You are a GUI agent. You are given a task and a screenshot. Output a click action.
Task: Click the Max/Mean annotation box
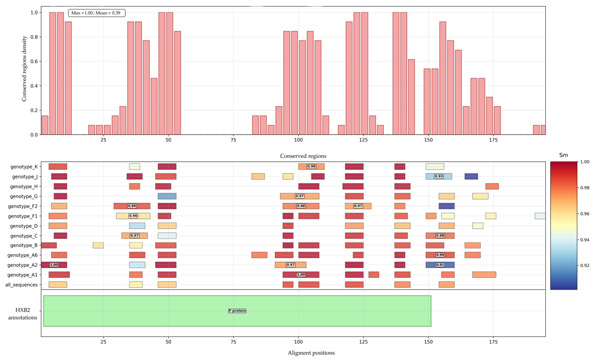(x=96, y=13)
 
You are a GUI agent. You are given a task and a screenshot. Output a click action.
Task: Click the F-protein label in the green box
(x=237, y=311)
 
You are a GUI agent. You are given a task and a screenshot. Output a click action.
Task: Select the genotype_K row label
(x=24, y=167)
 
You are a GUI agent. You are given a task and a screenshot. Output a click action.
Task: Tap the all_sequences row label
(x=21, y=285)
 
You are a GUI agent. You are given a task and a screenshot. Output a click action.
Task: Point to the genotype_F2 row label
(x=23, y=206)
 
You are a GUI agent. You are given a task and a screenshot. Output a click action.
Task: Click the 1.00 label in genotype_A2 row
(x=54, y=265)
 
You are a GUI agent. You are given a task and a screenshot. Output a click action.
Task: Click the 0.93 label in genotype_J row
(x=438, y=176)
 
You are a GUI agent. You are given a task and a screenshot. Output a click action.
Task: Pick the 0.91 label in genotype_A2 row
(x=440, y=265)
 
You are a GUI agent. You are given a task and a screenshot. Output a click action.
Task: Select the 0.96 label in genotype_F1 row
(x=133, y=216)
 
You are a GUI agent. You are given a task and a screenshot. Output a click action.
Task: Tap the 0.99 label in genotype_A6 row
(x=440, y=255)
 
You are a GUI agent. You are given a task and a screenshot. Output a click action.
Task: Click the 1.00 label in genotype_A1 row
(x=301, y=275)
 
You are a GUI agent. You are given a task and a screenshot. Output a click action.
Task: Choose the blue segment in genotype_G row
(x=167, y=196)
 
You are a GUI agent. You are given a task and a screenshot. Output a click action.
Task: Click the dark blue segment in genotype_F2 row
(x=447, y=206)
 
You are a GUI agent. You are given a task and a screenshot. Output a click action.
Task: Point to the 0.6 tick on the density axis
(x=34, y=61)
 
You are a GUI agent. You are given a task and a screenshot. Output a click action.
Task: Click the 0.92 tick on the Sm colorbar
(x=585, y=266)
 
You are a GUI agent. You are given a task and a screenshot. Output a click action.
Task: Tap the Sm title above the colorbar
(x=563, y=155)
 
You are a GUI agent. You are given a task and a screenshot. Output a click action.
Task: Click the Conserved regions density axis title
(x=24, y=69)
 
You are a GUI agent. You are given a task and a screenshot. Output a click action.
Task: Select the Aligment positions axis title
(x=311, y=353)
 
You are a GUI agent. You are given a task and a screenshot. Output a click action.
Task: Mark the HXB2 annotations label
(x=23, y=314)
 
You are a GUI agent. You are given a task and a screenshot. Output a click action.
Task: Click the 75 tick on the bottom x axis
(x=233, y=342)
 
